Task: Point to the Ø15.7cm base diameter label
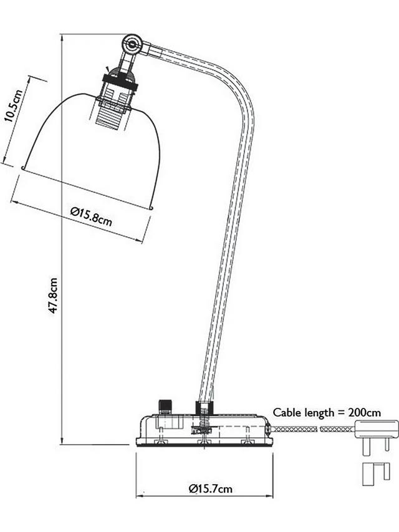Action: pyautogui.click(x=211, y=489)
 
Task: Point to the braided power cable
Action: pyautogui.click(x=312, y=429)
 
